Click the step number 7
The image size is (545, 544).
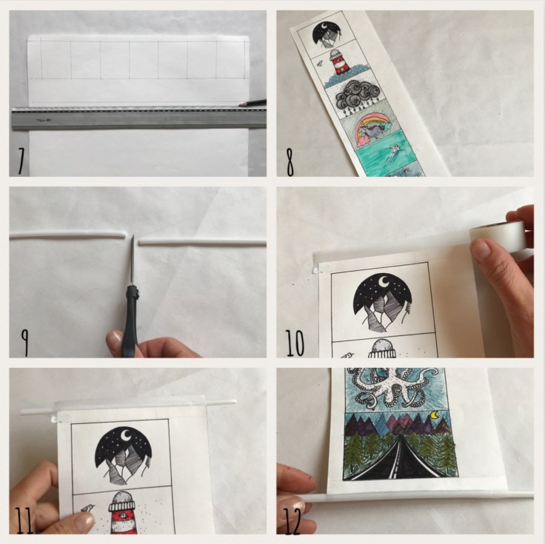pos(21,161)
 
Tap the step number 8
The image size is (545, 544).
pos(290,162)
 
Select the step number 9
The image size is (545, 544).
pos(24,342)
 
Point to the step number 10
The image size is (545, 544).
pos(295,343)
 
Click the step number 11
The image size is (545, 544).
pos(24,520)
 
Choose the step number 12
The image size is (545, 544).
pos(292,521)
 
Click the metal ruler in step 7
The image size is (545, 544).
pos(138,118)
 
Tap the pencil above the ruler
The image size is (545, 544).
pos(253,103)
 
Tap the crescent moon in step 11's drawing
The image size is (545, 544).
pos(126,434)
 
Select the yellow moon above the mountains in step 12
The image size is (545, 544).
pos(435,414)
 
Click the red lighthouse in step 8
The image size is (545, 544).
pos(340,63)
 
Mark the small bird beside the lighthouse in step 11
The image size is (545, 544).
pos(87,508)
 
